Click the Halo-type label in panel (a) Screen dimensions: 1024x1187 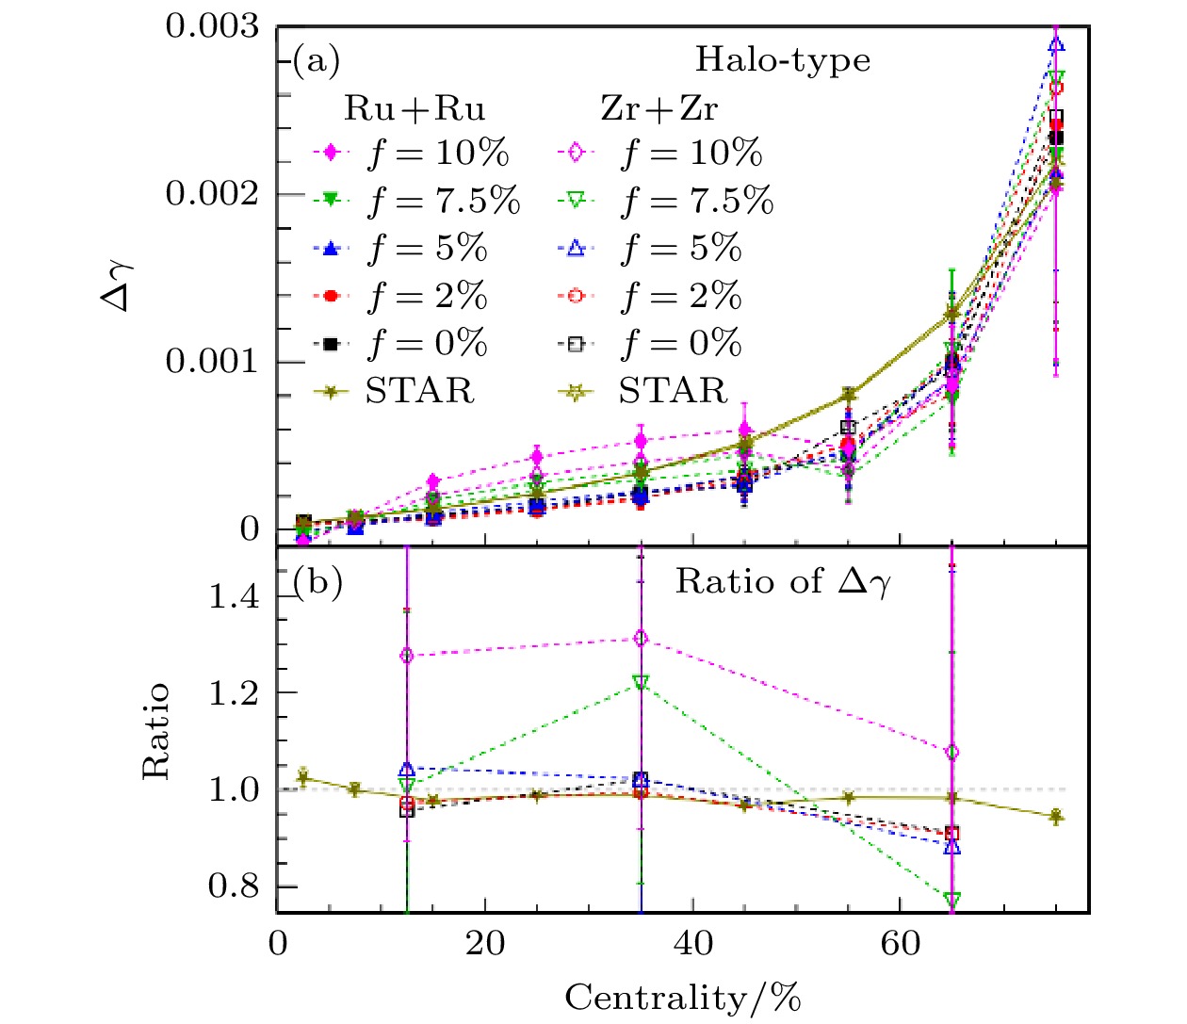click(x=782, y=60)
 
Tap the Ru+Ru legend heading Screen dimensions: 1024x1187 click(x=415, y=109)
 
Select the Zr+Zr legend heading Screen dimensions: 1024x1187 click(x=659, y=109)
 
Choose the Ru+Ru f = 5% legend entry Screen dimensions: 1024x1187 click(x=399, y=248)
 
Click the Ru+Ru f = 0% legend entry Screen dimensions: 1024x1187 click(x=399, y=344)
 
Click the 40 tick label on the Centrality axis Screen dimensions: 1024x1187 click(x=692, y=943)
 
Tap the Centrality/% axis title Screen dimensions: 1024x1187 click(x=683, y=997)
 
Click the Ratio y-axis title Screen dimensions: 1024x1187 click(x=156, y=731)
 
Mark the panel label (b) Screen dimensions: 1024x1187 click(x=317, y=581)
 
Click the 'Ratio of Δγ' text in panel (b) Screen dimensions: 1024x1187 click(x=782, y=581)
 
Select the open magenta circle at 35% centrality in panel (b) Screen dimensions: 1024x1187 click(x=642, y=639)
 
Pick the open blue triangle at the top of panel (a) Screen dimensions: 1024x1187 click(x=1057, y=44)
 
